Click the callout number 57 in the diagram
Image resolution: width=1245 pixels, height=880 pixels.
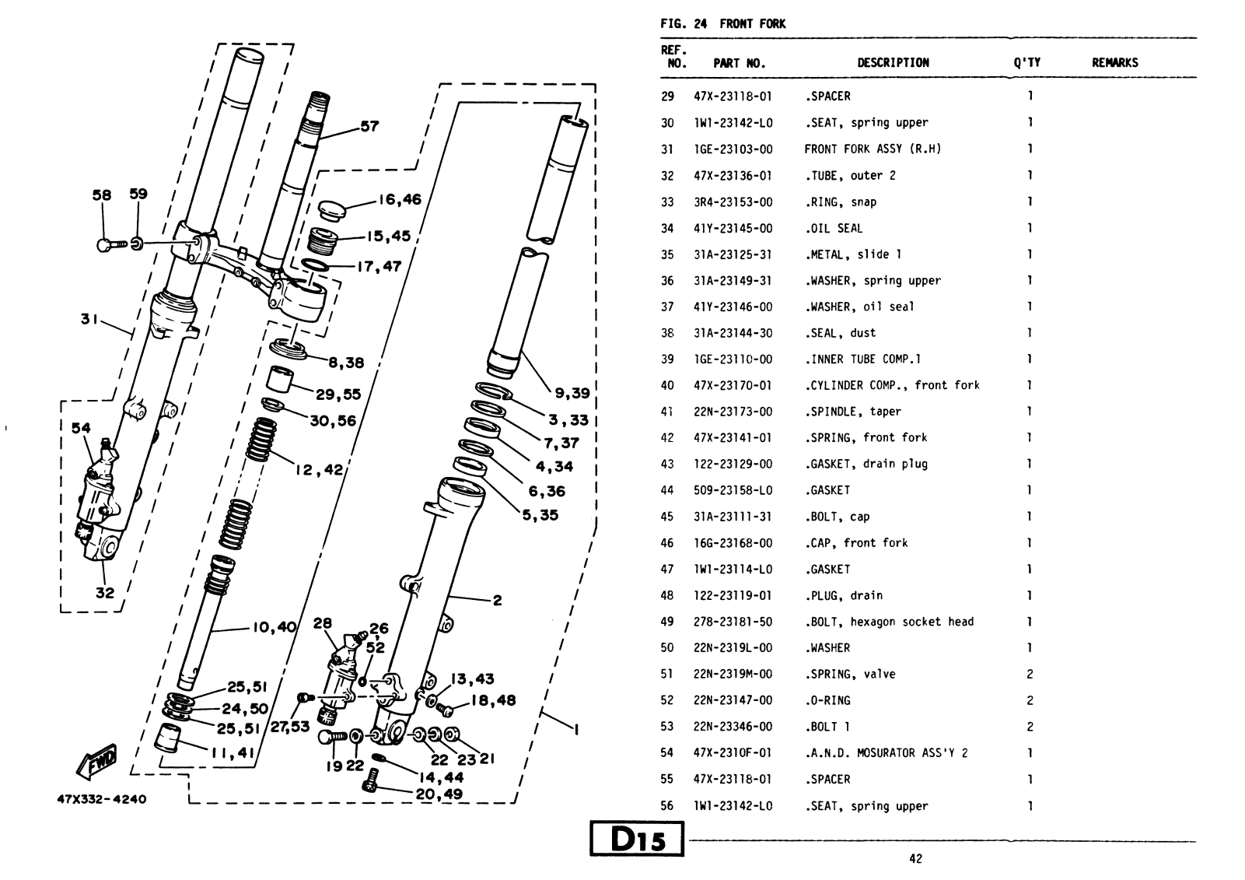(x=369, y=126)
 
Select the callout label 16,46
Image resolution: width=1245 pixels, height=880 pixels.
(x=399, y=199)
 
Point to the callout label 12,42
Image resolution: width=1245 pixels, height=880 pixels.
(x=319, y=469)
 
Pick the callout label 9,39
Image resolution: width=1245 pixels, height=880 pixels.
(x=572, y=394)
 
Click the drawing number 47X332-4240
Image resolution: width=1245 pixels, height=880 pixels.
(x=101, y=799)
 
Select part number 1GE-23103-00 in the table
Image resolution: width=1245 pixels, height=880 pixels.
(x=733, y=149)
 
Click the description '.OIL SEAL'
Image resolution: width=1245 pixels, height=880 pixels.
(x=834, y=228)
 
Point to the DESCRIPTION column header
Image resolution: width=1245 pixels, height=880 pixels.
(x=893, y=63)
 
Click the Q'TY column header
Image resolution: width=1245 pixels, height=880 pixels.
(x=1026, y=63)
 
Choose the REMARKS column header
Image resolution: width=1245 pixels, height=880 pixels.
(x=1114, y=63)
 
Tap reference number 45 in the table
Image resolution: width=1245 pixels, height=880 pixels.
(x=667, y=517)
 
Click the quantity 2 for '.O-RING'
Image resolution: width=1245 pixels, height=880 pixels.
(x=1030, y=700)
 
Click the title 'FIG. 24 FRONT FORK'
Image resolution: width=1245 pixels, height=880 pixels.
(x=722, y=23)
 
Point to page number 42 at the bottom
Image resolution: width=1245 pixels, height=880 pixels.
(x=915, y=858)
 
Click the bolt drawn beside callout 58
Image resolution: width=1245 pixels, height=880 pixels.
(x=110, y=245)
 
